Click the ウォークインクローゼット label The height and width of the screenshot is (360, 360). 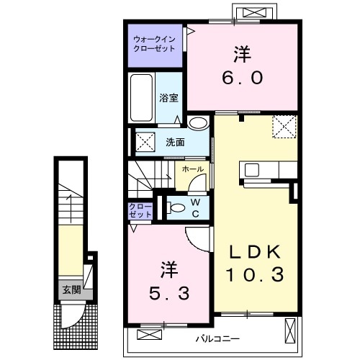(x=154, y=44)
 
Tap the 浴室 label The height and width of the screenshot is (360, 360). (x=168, y=98)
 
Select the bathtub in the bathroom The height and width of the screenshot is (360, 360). (x=142, y=98)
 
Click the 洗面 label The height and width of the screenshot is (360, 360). (x=175, y=143)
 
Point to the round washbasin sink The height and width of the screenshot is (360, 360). (x=198, y=123)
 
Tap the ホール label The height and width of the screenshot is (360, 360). (x=193, y=169)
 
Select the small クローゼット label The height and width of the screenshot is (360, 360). (x=140, y=210)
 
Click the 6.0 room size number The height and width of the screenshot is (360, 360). (x=243, y=78)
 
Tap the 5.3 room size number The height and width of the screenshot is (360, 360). (x=169, y=293)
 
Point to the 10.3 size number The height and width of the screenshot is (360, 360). (x=255, y=275)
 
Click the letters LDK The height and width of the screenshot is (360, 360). (x=255, y=252)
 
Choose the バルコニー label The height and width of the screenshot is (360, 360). (x=217, y=338)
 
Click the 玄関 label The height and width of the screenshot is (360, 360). (x=71, y=290)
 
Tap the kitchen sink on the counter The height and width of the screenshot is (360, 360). (x=252, y=170)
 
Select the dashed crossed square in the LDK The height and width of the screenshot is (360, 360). (x=284, y=127)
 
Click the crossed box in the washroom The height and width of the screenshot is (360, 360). (x=145, y=142)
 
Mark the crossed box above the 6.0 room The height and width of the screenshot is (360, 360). (x=254, y=12)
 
